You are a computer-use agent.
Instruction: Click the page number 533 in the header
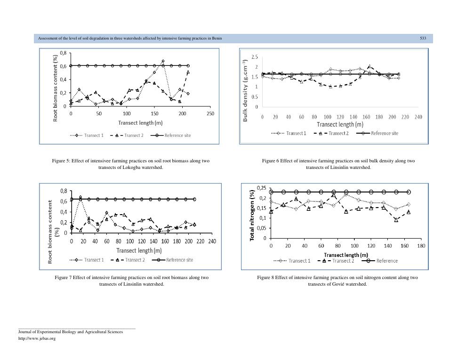(x=423, y=38)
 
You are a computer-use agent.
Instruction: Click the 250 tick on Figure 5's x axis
(x=210, y=114)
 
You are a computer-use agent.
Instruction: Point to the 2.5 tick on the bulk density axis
(x=255, y=57)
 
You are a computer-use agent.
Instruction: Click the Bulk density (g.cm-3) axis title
(x=245, y=91)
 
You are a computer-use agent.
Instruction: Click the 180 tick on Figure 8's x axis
(x=421, y=246)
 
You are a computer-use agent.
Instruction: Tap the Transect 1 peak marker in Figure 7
(x=80, y=197)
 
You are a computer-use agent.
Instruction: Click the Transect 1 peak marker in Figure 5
(x=163, y=61)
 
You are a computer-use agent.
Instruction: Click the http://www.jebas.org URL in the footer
(x=37, y=338)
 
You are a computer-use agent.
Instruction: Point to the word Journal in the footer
(x=25, y=332)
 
